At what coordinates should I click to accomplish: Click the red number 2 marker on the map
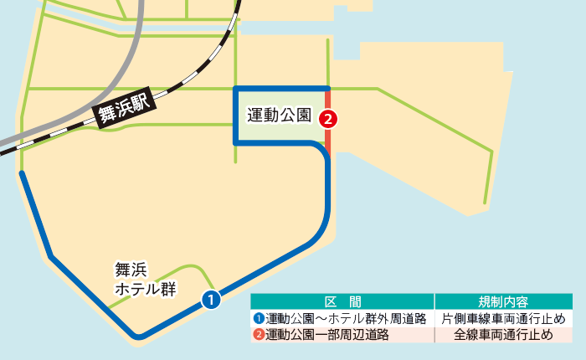329,119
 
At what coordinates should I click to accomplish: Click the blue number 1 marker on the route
212,298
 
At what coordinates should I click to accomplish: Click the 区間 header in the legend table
342,301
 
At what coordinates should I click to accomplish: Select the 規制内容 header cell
503,301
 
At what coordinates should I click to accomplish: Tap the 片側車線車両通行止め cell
504,318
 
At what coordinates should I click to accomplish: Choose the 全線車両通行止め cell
504,335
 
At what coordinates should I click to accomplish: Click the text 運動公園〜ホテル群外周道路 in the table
347,318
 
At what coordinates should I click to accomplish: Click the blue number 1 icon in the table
259,318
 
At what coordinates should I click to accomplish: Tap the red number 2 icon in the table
259,335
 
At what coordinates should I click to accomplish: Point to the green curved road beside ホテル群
180,270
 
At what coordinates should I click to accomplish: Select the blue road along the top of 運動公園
281,88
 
